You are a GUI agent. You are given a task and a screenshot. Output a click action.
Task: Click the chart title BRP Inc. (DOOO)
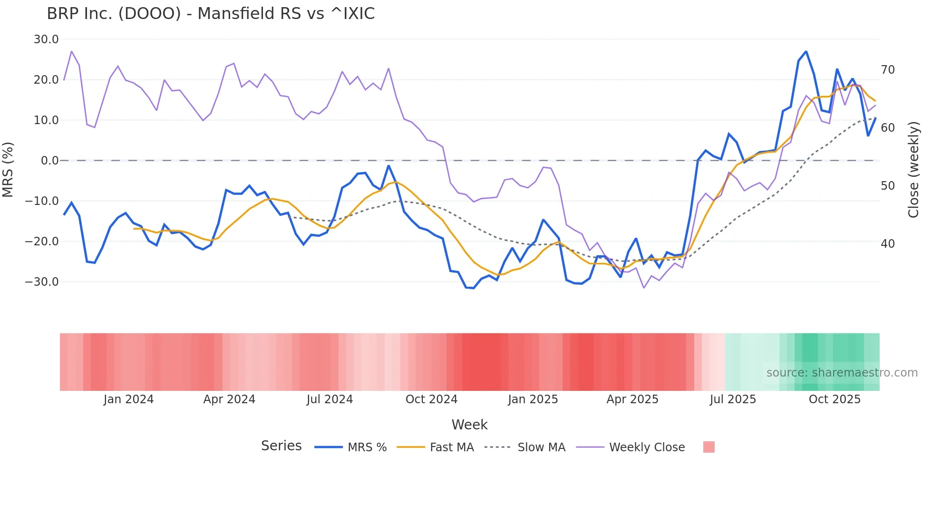click(211, 13)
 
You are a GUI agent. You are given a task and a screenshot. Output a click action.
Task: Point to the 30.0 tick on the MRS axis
click(46, 39)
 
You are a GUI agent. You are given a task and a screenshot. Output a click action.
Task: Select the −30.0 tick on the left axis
click(42, 282)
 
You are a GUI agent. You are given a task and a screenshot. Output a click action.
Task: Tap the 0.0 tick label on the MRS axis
click(49, 161)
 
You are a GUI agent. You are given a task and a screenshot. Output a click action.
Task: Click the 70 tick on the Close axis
click(888, 70)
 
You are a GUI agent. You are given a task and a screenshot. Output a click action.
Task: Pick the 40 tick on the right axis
click(888, 244)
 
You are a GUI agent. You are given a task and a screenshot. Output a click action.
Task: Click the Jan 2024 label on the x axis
click(128, 399)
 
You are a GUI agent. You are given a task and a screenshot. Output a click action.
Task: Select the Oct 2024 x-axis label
click(431, 399)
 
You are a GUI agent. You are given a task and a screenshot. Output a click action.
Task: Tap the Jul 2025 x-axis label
click(733, 399)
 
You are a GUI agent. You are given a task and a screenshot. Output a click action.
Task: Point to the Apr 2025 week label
click(632, 399)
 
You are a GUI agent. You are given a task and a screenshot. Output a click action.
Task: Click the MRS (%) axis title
click(8, 169)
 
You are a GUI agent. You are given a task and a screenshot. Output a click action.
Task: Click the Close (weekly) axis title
click(913, 170)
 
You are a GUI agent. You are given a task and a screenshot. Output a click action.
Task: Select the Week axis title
click(469, 425)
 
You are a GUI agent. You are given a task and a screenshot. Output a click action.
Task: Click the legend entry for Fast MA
click(451, 447)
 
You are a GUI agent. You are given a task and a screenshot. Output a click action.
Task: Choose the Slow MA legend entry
click(541, 447)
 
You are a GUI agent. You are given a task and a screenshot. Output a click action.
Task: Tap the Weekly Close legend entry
click(647, 447)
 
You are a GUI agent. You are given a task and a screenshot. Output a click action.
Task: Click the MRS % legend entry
click(367, 447)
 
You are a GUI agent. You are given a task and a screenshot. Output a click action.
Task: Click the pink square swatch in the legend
click(709, 447)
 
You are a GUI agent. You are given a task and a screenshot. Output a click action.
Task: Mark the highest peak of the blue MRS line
click(806, 51)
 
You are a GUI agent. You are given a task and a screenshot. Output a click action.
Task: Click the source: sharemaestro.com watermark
click(842, 373)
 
